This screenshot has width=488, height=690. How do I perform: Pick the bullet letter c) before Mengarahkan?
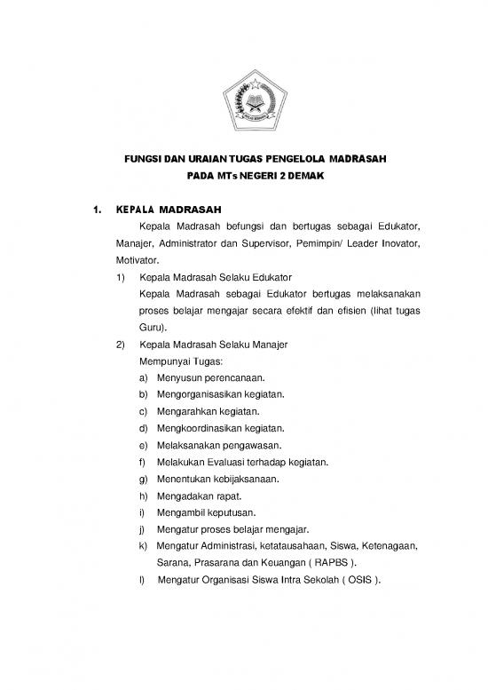[x=144, y=412]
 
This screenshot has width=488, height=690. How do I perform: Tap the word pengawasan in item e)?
[x=257, y=445]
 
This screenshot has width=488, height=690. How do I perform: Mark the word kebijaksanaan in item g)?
[x=247, y=479]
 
